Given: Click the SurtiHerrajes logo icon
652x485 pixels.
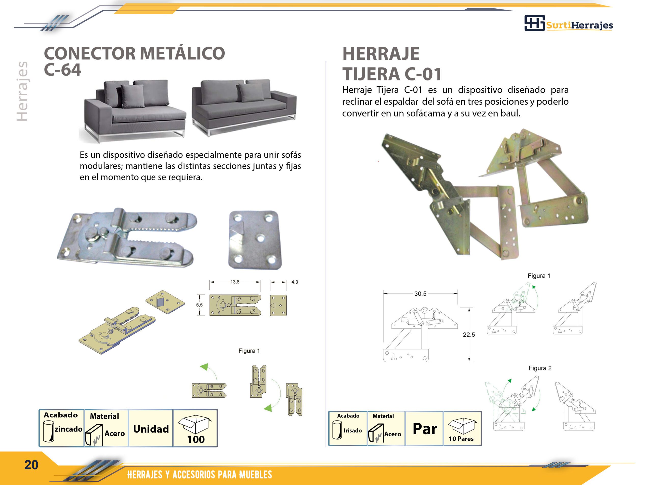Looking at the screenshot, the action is (534, 23).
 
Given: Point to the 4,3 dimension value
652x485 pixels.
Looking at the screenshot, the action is (295, 282).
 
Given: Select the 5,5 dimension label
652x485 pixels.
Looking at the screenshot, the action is (199, 305).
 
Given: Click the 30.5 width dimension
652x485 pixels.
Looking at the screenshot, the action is (420, 294).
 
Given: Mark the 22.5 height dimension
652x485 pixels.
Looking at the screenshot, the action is (469, 334).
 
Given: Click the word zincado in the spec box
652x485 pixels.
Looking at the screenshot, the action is (69, 429).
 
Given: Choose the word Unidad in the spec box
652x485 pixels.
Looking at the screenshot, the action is (151, 429).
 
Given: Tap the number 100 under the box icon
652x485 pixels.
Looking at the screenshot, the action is (196, 439).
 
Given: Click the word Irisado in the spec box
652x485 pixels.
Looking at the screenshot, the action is (353, 431).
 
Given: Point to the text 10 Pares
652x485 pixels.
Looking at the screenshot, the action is (461, 439).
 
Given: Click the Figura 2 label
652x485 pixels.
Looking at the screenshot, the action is (540, 368).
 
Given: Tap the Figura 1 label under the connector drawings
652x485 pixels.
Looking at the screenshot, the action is (249, 351).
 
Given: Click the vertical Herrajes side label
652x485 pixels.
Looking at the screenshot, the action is (23, 91).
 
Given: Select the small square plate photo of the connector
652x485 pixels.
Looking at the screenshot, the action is (255, 240).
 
